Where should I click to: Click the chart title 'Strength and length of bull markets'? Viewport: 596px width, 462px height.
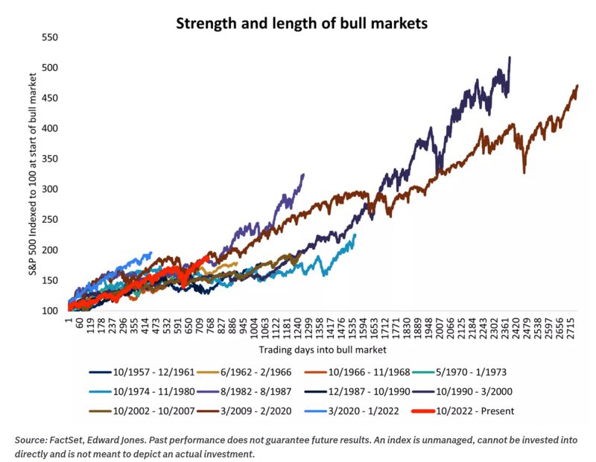[x=302, y=22]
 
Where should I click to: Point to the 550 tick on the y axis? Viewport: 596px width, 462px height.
[x=51, y=37]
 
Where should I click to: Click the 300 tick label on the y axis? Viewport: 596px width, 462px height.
[x=51, y=189]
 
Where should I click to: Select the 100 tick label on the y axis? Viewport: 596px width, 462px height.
[x=51, y=311]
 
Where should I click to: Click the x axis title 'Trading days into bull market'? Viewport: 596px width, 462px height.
[x=322, y=349]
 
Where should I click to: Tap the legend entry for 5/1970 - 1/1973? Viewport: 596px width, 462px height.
[x=515, y=372]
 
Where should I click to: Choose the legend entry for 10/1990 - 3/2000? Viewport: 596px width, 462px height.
[x=515, y=391]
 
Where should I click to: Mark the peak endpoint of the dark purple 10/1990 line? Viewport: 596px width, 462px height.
[x=510, y=57]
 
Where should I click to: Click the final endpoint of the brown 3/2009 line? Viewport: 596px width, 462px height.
[x=577, y=86]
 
